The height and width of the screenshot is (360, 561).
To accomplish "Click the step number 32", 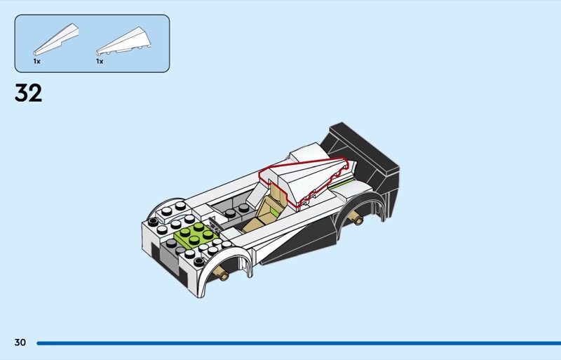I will coord(28,93).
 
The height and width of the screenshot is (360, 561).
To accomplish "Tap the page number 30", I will coord(20,342).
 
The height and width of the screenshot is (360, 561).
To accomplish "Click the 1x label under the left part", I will coord(36,62).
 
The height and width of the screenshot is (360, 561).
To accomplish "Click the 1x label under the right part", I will coord(100,62).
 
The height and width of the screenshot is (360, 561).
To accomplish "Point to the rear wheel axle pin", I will coord(360,220).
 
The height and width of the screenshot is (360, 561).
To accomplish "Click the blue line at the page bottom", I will coord(295,343).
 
